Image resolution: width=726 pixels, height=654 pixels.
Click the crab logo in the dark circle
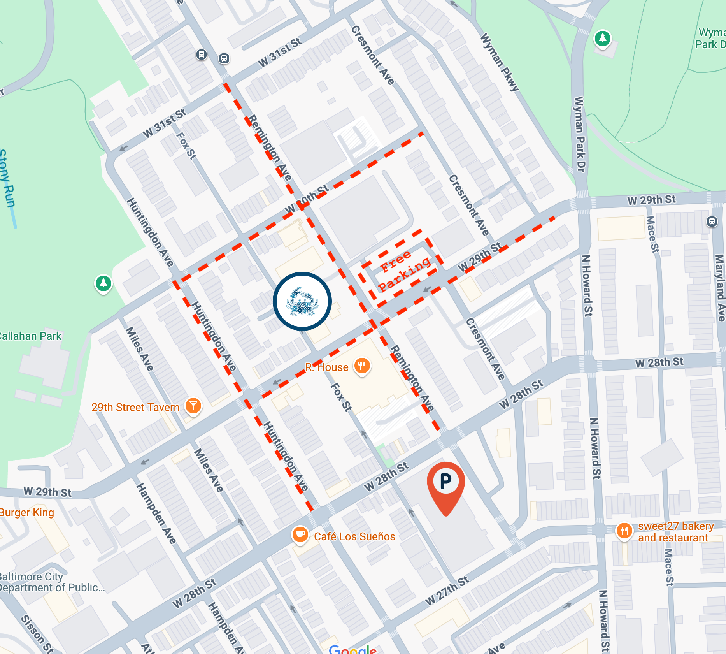pos(302,301)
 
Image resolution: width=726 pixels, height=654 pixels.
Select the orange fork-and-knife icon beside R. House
pos(362,366)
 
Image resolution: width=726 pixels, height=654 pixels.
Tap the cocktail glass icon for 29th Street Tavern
pos(193,406)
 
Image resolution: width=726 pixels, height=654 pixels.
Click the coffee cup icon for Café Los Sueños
pos(300,534)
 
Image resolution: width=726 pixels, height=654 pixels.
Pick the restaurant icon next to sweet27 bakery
pos(624,531)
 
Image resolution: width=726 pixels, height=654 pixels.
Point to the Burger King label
pos(26,512)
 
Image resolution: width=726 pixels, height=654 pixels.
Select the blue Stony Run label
pos(7,179)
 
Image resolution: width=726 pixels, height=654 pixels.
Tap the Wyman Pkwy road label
pos(500,62)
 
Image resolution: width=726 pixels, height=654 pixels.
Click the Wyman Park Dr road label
pos(580,134)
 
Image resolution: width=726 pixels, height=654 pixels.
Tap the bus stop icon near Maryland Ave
pos(712,222)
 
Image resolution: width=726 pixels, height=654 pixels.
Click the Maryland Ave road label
pos(720,288)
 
